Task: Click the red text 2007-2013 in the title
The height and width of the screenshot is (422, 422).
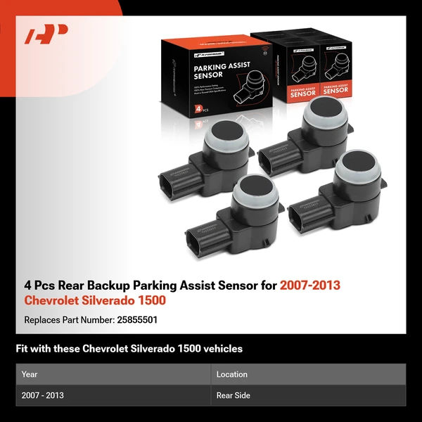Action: tap(310, 286)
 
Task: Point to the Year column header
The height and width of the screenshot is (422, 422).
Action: tap(30, 374)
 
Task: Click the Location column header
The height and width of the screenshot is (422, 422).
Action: tap(231, 374)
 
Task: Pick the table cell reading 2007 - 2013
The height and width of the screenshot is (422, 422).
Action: tap(43, 395)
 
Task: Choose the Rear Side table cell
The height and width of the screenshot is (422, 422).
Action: tap(234, 395)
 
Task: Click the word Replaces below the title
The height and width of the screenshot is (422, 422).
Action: tap(42, 319)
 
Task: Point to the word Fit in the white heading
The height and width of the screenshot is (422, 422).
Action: tap(22, 349)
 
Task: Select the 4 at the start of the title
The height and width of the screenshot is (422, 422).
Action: tap(28, 286)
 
